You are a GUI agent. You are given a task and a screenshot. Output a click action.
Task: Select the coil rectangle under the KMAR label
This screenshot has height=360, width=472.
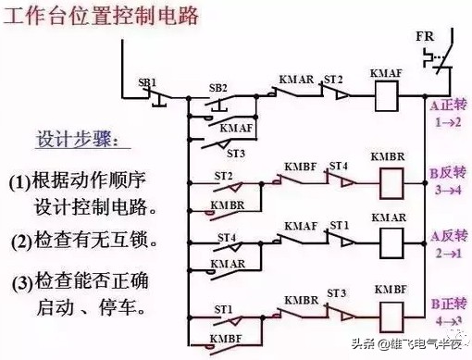389,244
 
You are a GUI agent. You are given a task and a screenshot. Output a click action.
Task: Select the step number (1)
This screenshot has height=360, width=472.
20,182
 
